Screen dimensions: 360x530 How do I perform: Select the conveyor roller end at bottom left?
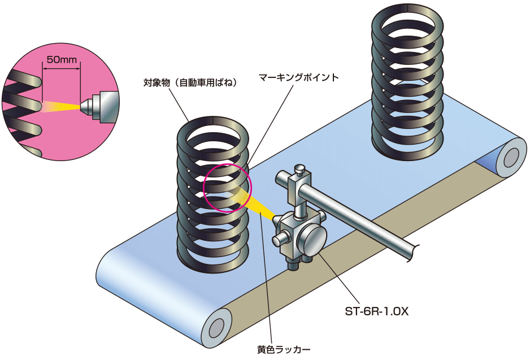(216, 329)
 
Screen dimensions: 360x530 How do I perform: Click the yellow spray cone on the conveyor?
(254, 203)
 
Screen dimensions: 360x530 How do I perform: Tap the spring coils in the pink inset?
(23, 107)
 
